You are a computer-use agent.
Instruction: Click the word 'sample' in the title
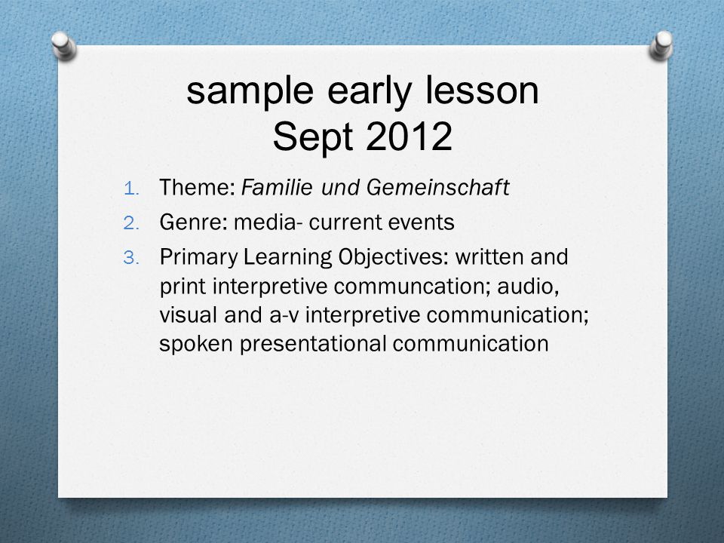[x=250, y=92]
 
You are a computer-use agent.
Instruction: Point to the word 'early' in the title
[x=369, y=92]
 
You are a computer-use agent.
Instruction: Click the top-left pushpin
[x=63, y=45]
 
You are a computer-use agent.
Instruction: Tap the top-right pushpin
[x=661, y=45]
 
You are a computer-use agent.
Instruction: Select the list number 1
[x=131, y=189]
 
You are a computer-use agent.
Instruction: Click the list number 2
[x=131, y=223]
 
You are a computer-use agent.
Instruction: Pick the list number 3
[x=131, y=258]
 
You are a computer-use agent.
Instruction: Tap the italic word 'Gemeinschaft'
[x=437, y=188]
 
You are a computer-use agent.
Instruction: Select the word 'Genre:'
[x=193, y=222]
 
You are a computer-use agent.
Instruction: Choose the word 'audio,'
[x=528, y=287]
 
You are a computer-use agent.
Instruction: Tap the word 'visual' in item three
[x=189, y=315]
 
